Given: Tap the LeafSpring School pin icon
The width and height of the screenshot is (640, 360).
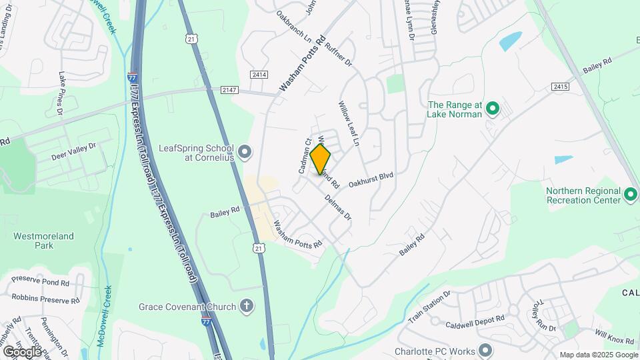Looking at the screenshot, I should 245,153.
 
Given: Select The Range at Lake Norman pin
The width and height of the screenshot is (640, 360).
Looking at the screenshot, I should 492,109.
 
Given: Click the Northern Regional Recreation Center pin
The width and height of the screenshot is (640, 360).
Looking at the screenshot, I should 631,195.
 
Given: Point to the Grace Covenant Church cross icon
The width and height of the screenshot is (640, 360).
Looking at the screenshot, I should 247,307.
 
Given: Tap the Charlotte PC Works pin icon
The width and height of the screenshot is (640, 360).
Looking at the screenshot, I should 485,351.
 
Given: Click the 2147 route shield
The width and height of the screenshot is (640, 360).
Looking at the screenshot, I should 229,89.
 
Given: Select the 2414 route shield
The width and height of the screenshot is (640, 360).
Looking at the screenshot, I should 259,75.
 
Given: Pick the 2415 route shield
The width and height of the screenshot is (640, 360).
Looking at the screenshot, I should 560,87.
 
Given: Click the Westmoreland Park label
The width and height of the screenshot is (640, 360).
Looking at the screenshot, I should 44,241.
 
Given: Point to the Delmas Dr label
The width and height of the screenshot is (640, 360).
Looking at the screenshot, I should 338,207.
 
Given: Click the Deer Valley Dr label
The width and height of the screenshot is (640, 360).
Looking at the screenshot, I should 73,151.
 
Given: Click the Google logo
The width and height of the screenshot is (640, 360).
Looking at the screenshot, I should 21,351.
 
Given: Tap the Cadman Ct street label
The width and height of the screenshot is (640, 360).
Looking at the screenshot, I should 305,156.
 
